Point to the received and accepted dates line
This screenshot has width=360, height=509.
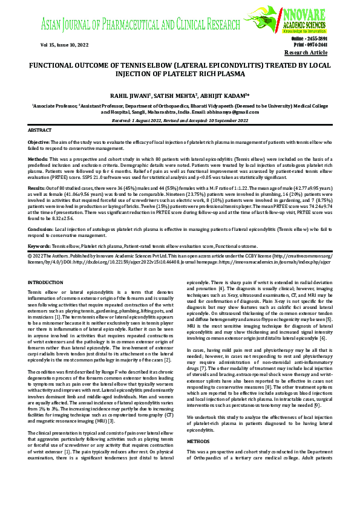pyautogui.click(x=180, y=121)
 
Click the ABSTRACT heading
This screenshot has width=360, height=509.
pyautogui.click(x=41, y=131)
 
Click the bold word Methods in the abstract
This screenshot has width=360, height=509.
pyautogui.click(x=38, y=159)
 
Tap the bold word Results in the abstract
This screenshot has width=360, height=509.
pyautogui.click(x=37, y=189)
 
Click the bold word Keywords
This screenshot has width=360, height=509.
pyautogui.click(x=39, y=247)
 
